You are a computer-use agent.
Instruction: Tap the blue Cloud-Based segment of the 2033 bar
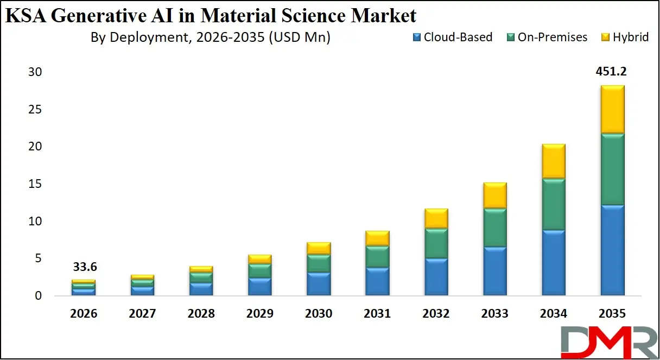click(494, 271)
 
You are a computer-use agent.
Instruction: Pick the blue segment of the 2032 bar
click(436, 276)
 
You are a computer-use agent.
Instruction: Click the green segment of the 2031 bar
click(377, 256)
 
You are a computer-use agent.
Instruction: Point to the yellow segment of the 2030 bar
click(319, 248)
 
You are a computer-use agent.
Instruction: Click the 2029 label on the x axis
click(261, 314)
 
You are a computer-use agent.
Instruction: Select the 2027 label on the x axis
click(143, 314)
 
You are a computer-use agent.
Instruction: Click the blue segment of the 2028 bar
click(201, 288)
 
